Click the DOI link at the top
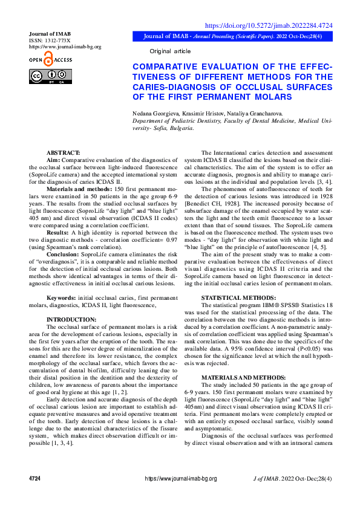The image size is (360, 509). coord(269,25)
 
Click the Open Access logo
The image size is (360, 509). coord(50,60)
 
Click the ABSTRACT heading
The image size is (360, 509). coord(63,152)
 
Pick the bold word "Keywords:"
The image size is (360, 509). coord(62,298)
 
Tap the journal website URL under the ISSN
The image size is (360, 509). coord(65,47)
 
